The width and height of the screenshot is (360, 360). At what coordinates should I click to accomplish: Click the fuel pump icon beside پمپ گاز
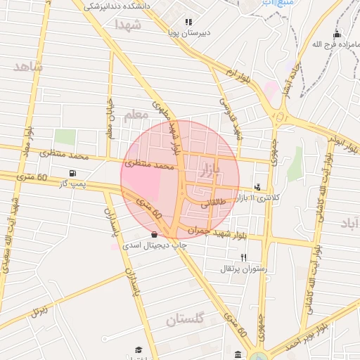pos(72,173)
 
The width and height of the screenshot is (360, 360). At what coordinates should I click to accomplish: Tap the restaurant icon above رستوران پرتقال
pos(244,257)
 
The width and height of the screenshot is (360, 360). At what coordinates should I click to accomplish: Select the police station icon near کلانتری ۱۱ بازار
pos(257,188)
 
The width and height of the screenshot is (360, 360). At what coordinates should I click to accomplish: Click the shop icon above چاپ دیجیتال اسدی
pos(155,234)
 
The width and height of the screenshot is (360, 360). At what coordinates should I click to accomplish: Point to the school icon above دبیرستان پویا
pos(188,22)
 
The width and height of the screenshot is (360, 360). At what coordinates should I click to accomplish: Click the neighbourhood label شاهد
pos(28,67)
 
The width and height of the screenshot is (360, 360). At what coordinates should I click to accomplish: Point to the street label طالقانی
pos(214,204)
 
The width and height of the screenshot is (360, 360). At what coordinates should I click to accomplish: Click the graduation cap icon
pos(139,349)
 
